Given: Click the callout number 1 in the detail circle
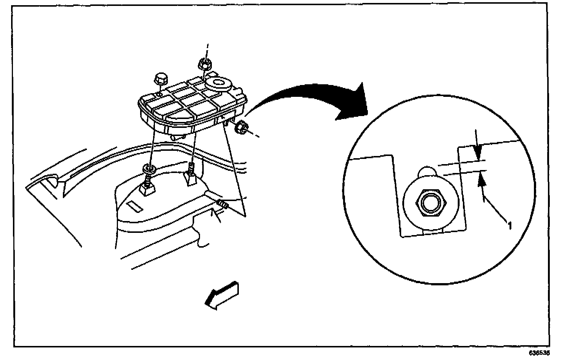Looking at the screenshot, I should [509, 224].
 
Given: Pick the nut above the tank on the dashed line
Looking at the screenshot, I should [204, 64].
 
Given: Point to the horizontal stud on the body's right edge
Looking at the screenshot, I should [223, 204].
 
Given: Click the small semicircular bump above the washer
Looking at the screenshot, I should [428, 172].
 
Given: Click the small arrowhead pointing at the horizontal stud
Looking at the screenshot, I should [213, 213].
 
